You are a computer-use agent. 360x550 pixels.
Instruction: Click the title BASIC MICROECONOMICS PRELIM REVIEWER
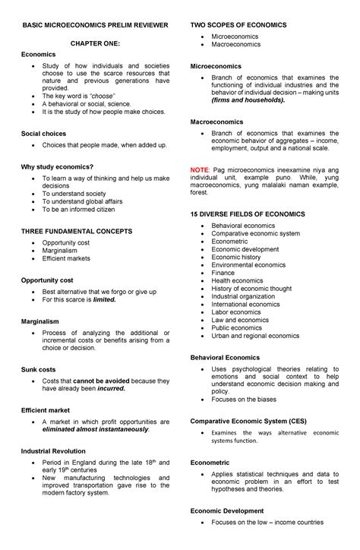[96, 25]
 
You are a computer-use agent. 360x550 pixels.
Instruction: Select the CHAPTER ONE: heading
[96, 45]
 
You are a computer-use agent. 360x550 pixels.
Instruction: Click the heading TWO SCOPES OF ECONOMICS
[238, 25]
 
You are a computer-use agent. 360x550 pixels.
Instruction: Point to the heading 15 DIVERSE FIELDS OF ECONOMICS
[247, 214]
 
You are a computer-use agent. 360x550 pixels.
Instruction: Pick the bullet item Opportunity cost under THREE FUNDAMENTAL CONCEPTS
[67, 242]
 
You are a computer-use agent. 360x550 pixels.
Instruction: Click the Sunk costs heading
[38, 368]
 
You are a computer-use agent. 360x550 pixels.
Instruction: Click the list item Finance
[223, 272]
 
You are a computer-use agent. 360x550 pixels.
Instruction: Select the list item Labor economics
[236, 311]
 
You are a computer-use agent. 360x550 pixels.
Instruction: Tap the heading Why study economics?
[57, 166]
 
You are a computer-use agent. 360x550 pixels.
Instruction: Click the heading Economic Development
[226, 510]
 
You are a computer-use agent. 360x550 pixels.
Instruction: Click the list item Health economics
[237, 280]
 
